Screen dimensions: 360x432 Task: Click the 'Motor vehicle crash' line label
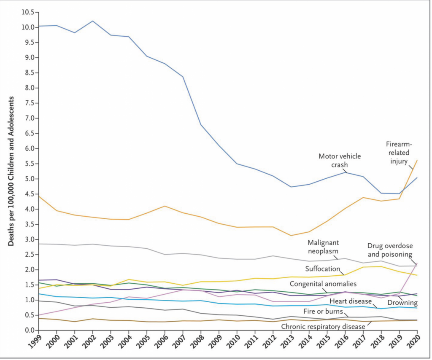[x=340, y=160]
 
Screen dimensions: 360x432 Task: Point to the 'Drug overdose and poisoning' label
[x=390, y=250]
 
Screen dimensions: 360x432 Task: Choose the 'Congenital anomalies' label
[x=323, y=284]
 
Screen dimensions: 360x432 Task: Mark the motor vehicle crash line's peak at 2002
[x=92, y=21]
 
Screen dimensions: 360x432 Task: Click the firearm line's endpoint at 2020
[x=417, y=160]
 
